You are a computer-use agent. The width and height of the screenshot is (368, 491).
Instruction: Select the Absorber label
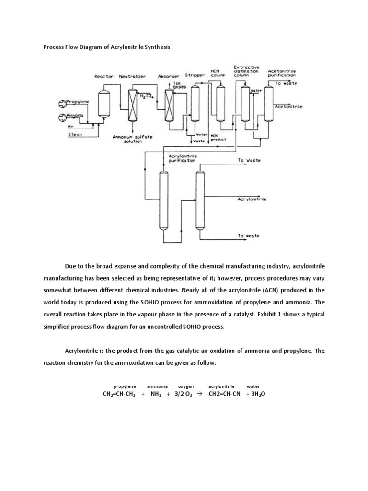tap(169, 76)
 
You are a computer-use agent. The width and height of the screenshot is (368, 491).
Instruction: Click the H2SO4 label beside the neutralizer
tap(145, 97)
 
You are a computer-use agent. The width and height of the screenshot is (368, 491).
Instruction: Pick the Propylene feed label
tap(81, 103)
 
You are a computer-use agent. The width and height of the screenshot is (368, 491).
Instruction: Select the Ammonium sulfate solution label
tap(133, 140)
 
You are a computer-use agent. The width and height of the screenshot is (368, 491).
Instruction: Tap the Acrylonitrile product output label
tap(253, 198)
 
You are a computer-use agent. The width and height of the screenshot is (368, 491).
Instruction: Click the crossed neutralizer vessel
tap(132, 105)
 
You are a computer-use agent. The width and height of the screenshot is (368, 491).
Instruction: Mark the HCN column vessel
tap(220, 101)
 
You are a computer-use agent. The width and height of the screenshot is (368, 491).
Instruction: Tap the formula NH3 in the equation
tap(156, 394)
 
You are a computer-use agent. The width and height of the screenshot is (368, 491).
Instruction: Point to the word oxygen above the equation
tap(186, 386)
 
